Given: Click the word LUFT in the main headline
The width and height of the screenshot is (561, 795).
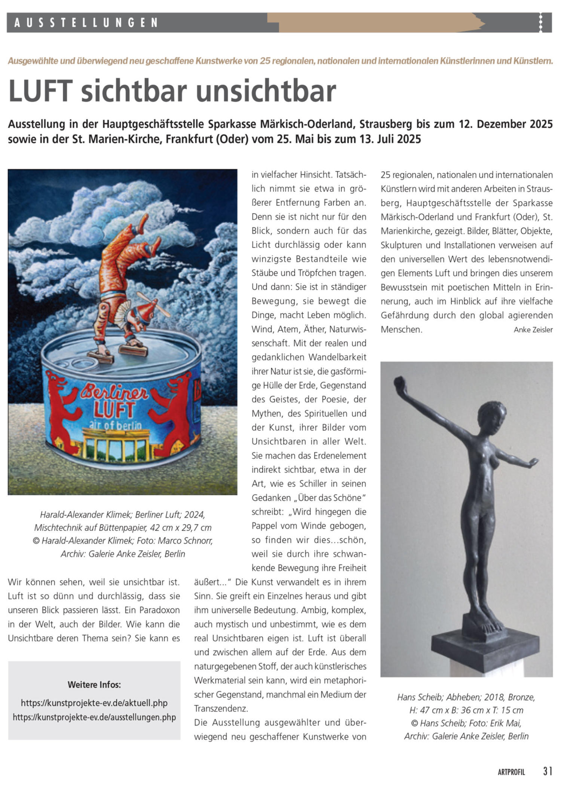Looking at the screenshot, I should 40,91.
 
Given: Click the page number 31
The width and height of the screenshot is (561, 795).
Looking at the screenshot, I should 548,771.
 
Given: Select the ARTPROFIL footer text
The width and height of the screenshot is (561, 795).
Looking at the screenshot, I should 511,772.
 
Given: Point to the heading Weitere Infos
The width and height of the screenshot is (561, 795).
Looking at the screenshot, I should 94,685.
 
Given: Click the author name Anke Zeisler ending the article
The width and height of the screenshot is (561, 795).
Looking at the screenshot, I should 533,330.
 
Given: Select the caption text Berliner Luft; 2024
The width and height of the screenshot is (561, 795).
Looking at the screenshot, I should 170,514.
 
